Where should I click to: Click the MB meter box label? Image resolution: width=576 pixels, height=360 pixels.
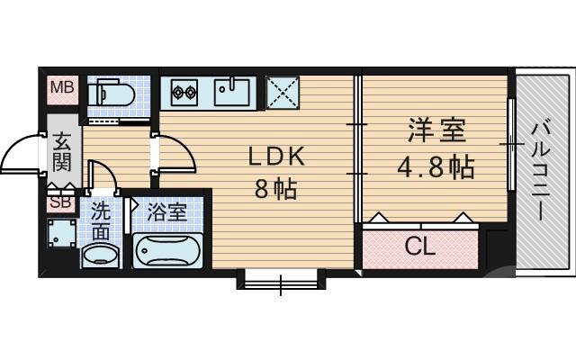pos(62,88)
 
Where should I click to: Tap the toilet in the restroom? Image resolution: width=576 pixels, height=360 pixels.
pos(112,92)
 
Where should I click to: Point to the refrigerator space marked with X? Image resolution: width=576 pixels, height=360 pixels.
pos(283,91)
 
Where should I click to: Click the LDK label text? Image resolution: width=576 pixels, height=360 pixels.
pos(278,157)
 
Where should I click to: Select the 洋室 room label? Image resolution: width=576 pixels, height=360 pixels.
pos(437,132)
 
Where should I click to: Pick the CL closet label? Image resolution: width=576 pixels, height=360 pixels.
pos(419,246)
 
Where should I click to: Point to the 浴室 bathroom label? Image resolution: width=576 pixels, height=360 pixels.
pos(166,214)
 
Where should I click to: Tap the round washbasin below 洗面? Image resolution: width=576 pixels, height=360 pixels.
pos(100,256)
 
